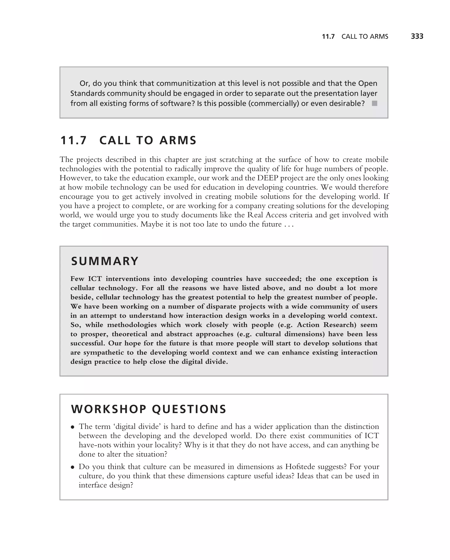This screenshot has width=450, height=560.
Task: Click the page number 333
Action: [x=417, y=36]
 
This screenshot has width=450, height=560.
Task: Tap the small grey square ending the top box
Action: [x=374, y=103]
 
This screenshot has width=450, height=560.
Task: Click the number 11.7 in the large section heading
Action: [x=73, y=140]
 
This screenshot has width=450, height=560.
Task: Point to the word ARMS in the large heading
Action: [x=178, y=140]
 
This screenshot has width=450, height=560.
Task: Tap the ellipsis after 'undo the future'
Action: [x=289, y=224]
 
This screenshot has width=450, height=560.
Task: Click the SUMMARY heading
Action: [x=105, y=261]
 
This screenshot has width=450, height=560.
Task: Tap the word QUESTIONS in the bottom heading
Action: [x=189, y=409]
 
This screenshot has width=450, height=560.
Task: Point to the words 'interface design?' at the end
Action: [x=106, y=485]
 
